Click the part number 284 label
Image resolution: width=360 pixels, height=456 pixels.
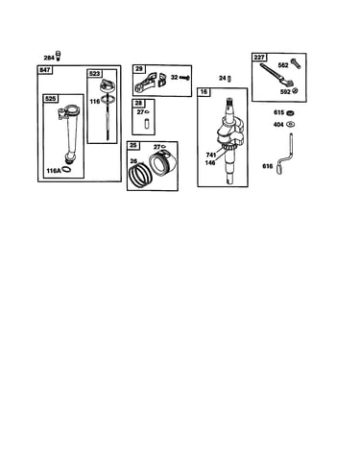49,58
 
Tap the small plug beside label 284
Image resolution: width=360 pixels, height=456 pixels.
59,56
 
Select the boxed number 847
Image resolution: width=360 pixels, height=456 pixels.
45,69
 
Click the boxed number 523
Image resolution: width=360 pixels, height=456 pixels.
95,74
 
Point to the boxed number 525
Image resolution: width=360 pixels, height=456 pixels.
50,99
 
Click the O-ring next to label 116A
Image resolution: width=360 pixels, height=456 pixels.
67,170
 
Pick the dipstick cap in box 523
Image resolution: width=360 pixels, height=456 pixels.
108,86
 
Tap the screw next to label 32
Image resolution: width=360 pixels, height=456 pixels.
184,78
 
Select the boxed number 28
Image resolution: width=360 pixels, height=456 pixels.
138,104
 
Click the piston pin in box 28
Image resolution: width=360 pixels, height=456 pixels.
147,124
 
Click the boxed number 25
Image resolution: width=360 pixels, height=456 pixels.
133,146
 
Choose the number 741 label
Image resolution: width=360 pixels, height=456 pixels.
211,155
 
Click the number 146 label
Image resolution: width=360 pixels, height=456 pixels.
210,162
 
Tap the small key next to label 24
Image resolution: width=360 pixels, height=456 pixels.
229,78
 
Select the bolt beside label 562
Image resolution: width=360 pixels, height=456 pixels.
296,63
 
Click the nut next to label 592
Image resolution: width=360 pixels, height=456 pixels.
296,91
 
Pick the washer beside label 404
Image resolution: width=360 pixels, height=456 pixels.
291,124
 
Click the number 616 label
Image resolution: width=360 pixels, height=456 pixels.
268,166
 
